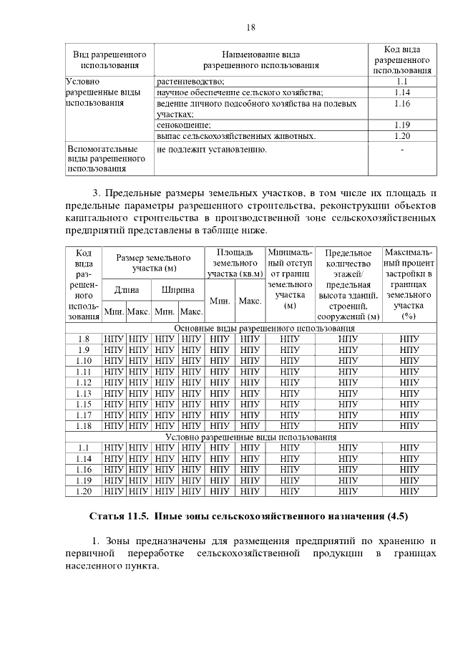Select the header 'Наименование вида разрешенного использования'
coord(260,60)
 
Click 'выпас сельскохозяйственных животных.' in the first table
coord(236,135)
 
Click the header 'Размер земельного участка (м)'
coord(152,263)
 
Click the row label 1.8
coord(83,339)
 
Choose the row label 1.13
coord(83,393)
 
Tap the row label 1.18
coord(83,425)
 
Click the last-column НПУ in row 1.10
coord(409,360)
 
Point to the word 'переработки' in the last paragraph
coord(156,553)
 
